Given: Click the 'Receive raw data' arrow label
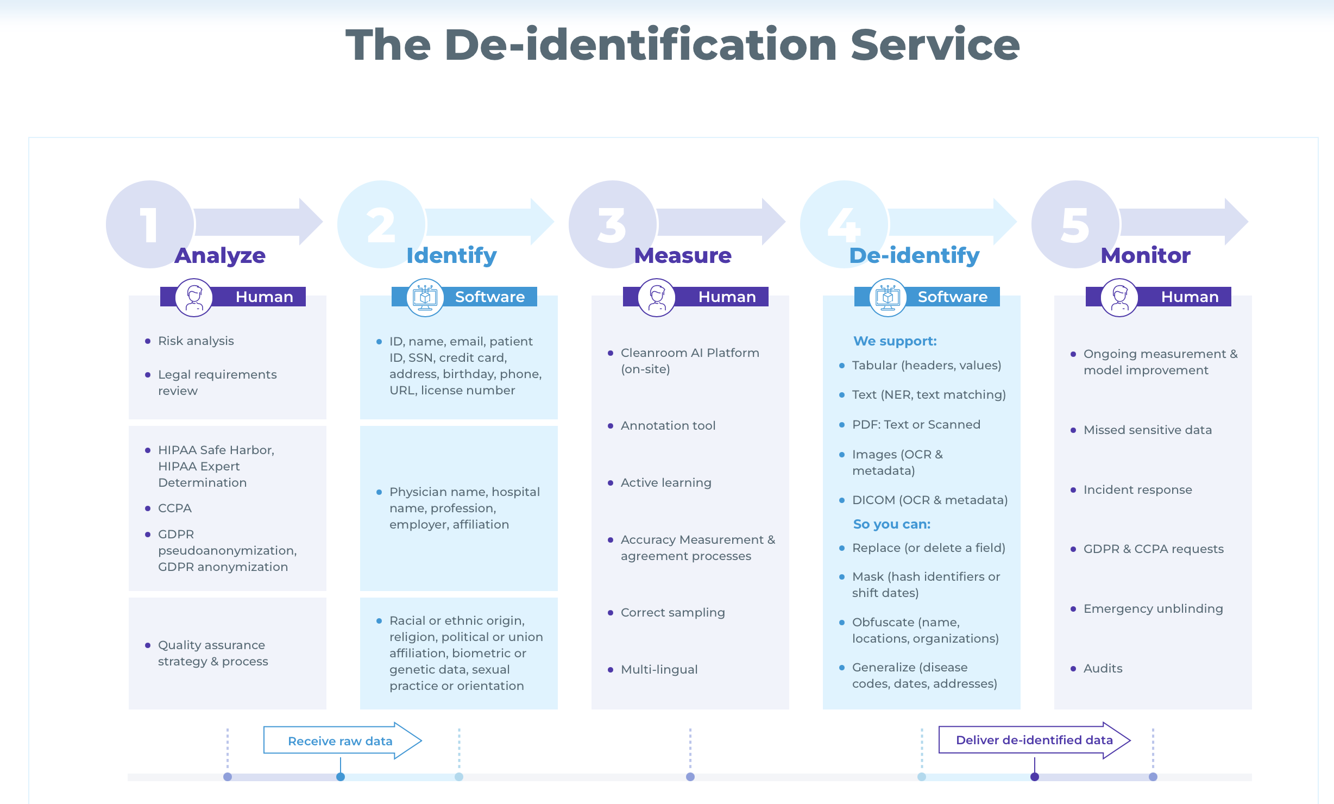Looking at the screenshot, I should tap(340, 741).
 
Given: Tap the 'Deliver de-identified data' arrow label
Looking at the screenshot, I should tap(1034, 740).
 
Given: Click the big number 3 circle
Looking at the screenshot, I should tap(612, 224).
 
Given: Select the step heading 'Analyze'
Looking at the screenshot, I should tap(220, 255).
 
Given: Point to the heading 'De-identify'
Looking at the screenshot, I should tap(914, 255).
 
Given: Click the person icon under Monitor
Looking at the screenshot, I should tap(1119, 297).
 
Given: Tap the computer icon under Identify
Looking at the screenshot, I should tap(425, 297).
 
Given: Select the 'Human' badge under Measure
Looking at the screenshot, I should tap(726, 297).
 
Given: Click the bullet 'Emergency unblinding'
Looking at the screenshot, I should tap(1153, 608).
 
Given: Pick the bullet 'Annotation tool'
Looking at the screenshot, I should tap(668, 425).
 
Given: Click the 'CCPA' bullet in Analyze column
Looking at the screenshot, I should tap(174, 508).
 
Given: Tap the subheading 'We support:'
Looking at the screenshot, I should tap(895, 341).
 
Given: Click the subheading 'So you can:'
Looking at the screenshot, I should tap(891, 524).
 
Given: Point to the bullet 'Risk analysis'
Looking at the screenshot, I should tap(196, 341).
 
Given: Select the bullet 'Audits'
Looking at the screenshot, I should tap(1102, 668).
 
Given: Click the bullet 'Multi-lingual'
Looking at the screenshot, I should tap(659, 669).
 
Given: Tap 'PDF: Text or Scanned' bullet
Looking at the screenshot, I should tap(916, 424).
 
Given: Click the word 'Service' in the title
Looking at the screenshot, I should tap(935, 45).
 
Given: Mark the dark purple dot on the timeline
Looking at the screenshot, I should tap(1034, 777).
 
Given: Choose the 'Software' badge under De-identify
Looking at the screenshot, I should tap(952, 297).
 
